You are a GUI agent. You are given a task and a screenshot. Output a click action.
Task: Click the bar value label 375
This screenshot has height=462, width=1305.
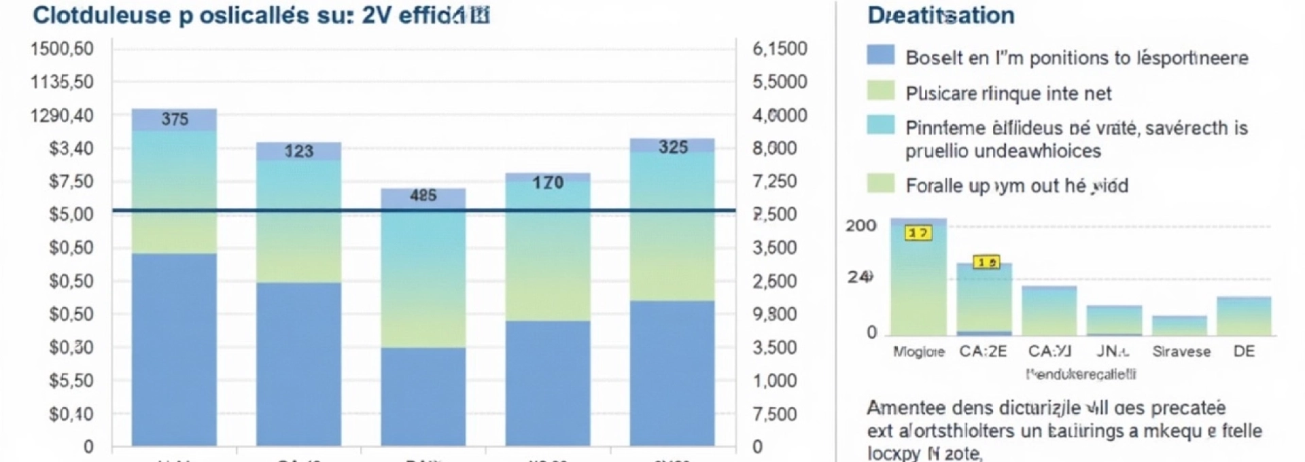coord(175,119)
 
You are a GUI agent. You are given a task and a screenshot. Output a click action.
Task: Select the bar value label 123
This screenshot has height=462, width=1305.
coord(298,151)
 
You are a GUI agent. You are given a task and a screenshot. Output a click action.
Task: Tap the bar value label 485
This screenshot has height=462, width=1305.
coord(423,196)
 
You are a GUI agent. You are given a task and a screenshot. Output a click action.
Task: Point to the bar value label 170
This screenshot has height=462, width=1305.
coord(548,183)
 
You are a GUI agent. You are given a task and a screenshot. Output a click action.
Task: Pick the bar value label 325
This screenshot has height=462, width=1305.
coord(673,147)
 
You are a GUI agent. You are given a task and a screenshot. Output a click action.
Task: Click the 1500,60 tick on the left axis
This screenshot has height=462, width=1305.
coord(62,49)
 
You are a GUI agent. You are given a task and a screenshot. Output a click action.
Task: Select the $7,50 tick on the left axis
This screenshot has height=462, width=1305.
coord(71,181)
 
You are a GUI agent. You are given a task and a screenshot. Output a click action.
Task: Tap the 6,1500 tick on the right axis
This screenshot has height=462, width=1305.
coord(780,49)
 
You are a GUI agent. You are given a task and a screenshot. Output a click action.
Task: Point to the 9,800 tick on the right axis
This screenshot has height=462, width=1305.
coord(775,315)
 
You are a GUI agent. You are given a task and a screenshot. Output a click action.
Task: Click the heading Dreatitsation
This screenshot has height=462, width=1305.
coord(941,16)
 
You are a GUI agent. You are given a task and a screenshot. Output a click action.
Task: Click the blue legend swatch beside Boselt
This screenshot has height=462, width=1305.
coord(881,55)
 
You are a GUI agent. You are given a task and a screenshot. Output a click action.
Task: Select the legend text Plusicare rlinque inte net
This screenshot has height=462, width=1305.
coord(1009,93)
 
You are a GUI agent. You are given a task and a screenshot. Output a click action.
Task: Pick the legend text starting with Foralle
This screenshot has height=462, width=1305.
coord(1016,185)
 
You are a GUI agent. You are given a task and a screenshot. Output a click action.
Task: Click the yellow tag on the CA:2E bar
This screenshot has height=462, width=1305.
coord(986,262)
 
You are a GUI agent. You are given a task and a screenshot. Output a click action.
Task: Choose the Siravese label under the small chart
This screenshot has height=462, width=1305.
coord(1181,352)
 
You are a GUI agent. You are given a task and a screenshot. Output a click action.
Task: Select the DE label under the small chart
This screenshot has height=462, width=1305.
coord(1244,352)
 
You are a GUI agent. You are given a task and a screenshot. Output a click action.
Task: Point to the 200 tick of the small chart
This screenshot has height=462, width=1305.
coord(860,226)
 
